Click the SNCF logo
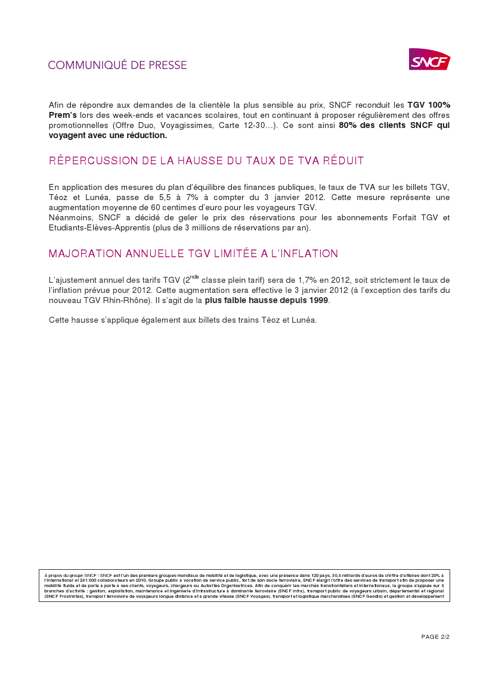[x=429, y=60]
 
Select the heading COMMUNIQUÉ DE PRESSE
[x=117, y=65]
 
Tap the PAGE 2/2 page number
[x=435, y=636]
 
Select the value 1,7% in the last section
[x=305, y=280]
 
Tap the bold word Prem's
[x=63, y=115]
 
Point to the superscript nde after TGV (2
[x=194, y=277]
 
